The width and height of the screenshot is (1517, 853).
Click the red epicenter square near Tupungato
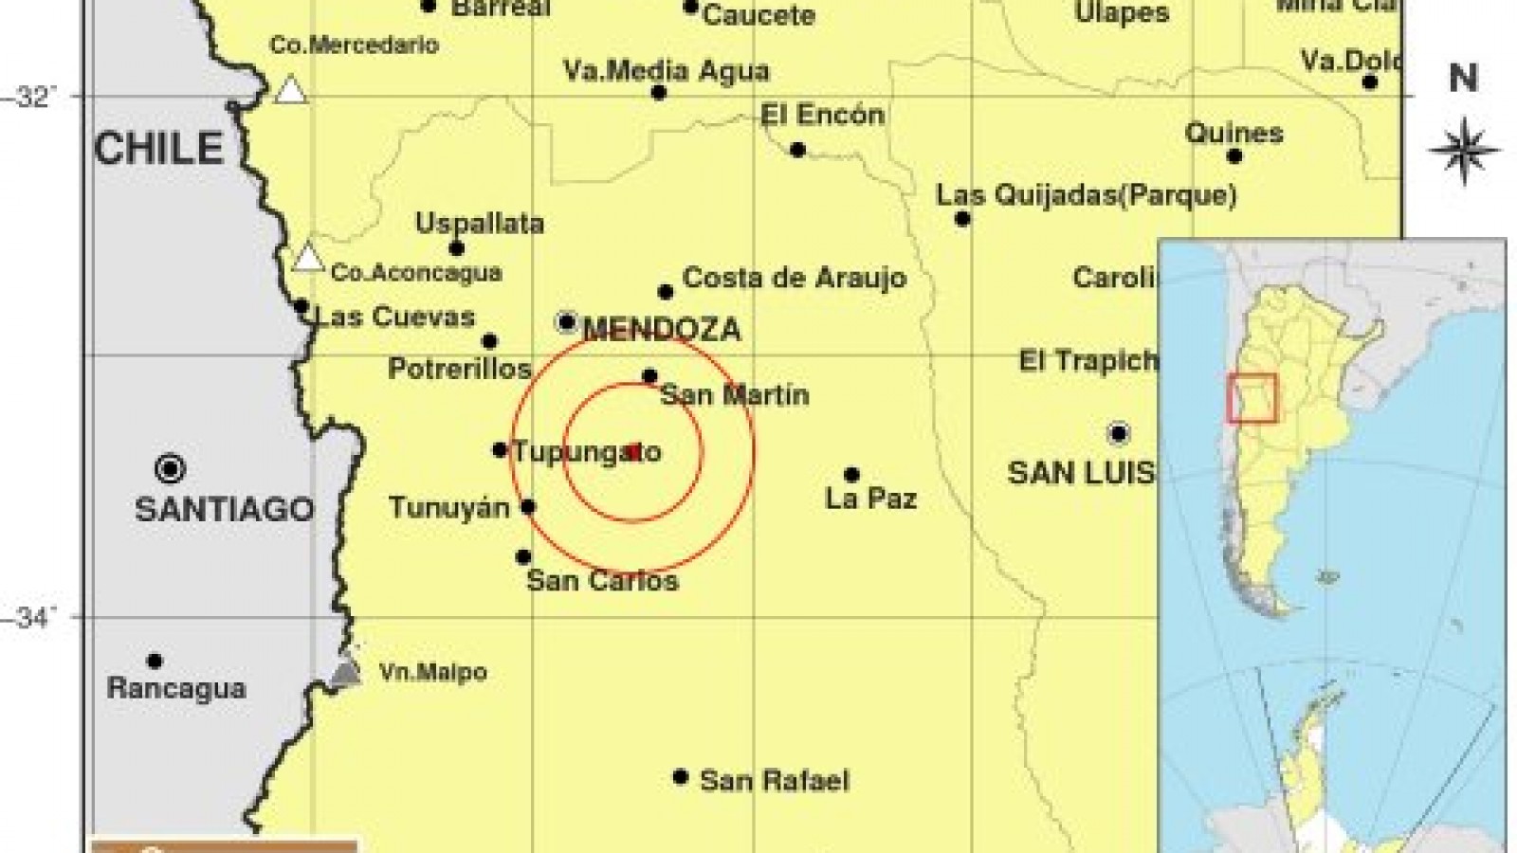pos(634,452)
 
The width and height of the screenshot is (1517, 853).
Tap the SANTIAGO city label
pos(224,509)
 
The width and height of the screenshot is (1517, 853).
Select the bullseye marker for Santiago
pos(171,468)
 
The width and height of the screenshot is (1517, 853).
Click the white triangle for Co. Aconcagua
pos(307,258)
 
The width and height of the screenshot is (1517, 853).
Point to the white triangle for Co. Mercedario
pos(291,90)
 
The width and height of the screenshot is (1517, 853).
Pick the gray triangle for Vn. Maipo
pos(347,673)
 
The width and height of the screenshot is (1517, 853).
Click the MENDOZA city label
pos(662,330)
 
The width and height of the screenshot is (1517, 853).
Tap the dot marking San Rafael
pos(680,777)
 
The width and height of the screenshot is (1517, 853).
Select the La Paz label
pos(870,499)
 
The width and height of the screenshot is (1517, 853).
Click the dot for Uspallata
pos(456,249)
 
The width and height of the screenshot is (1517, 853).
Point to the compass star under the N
pos(1463,150)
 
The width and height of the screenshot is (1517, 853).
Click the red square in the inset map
pos(1252,398)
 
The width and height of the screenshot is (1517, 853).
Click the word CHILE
pos(158,149)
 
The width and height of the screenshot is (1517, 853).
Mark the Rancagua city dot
pos(155,662)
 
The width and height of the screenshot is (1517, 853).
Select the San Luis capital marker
pos(1119,434)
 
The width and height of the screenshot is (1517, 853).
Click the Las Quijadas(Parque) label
pos(1086,195)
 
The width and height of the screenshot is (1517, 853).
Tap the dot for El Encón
pos(797,150)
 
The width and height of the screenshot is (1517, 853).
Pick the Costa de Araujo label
pos(795,278)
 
